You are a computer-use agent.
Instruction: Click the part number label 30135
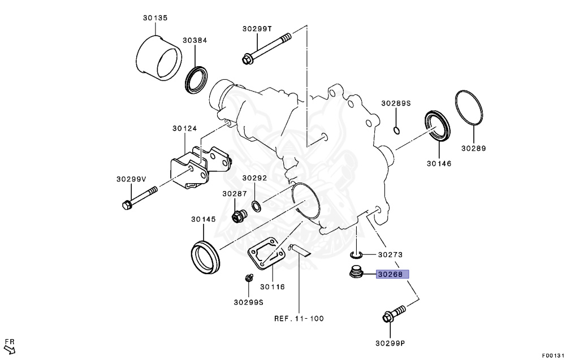coord(155,18)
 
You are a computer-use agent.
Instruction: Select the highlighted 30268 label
coord(390,275)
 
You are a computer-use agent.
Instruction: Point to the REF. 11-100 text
coord(299,318)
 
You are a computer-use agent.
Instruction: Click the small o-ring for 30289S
coord(396,131)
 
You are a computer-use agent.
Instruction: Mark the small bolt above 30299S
coord(248,279)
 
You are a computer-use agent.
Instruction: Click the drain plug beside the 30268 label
coord(357,272)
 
